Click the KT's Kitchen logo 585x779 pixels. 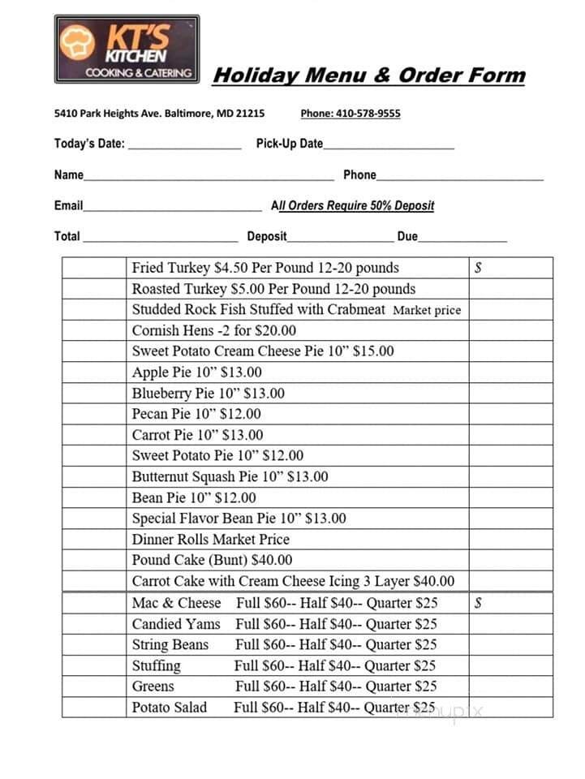127,49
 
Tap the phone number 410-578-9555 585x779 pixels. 350,114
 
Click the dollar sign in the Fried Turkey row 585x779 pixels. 479,268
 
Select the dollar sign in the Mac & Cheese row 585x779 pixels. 479,603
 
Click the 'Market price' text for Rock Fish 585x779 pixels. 427,310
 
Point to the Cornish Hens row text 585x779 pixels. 214,330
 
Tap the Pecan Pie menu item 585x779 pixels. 196,414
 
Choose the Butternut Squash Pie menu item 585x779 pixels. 230,477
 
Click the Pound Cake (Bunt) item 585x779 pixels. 212,560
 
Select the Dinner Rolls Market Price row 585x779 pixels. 210,540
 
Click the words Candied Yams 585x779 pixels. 176,624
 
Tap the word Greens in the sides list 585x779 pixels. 153,686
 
